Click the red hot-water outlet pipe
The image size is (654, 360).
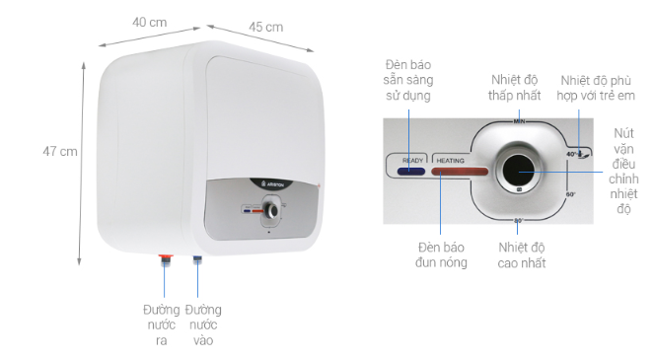click(165, 261)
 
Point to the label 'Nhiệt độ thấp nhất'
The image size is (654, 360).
click(519, 88)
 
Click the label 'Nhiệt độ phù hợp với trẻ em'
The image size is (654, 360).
click(597, 88)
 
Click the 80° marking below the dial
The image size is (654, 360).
click(519, 221)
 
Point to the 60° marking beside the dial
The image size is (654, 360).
click(569, 194)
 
